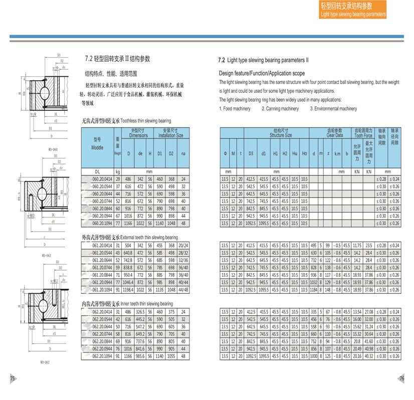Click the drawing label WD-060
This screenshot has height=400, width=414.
pyautogui.click(x=53, y=149)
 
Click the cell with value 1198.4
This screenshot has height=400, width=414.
pyautogui.click(x=128, y=289)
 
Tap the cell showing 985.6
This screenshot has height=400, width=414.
pyautogui.click(x=140, y=356)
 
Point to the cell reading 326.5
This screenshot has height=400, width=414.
pyautogui.click(x=140, y=311)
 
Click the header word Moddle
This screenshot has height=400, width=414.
pyautogui.click(x=97, y=147)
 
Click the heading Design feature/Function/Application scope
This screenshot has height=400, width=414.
pyautogui.click(x=262, y=73)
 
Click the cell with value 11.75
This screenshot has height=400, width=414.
pyautogui.click(x=357, y=245)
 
